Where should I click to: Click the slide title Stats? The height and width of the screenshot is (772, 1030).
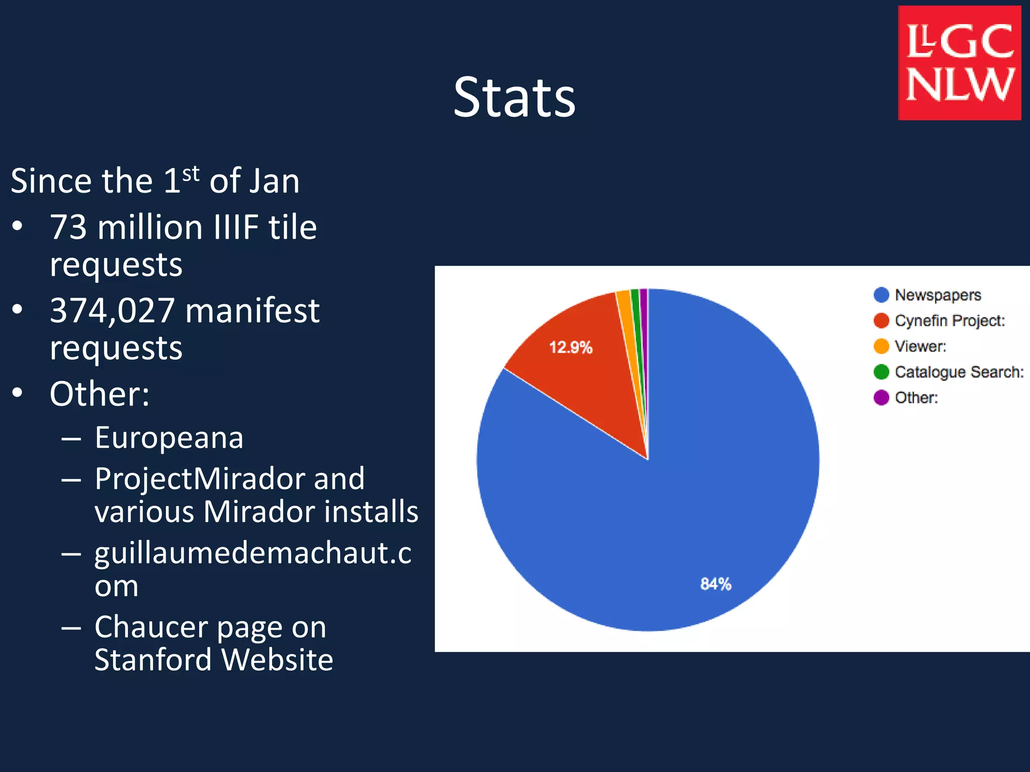coord(514,98)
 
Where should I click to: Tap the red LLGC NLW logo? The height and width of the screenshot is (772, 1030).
coord(959,63)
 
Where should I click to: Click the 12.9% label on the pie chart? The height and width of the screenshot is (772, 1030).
coord(570,347)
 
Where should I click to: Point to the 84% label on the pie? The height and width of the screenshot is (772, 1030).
coord(715,584)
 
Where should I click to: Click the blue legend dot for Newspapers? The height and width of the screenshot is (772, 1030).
coord(881,295)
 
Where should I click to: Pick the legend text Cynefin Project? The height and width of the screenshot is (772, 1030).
coord(950,321)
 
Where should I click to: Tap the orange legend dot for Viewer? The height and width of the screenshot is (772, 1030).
coord(881,346)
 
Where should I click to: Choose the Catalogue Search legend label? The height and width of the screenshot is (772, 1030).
coord(959,372)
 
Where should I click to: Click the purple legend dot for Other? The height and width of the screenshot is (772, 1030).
coord(881,398)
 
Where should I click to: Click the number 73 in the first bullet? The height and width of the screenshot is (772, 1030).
coord(68,227)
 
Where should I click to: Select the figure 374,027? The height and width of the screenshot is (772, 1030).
coord(112,311)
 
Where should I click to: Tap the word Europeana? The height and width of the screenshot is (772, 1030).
coord(169,437)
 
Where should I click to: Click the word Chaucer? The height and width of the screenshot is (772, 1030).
coord(152,627)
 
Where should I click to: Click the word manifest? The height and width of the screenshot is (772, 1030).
coord(252,311)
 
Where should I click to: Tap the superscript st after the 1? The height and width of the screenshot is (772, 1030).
coord(191,174)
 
